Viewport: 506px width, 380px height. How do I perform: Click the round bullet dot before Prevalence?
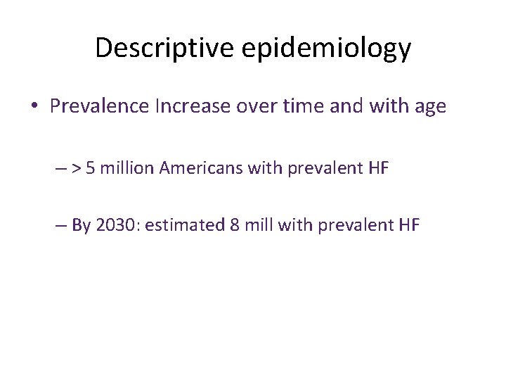pos(34,107)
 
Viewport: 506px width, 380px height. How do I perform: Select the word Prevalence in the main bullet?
pos(100,106)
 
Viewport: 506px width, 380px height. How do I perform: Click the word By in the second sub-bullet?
pos(81,226)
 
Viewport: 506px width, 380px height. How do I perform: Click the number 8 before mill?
pos(235,225)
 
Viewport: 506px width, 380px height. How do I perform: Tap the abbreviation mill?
pos(259,225)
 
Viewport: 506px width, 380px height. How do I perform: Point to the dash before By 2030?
pos(60,225)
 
